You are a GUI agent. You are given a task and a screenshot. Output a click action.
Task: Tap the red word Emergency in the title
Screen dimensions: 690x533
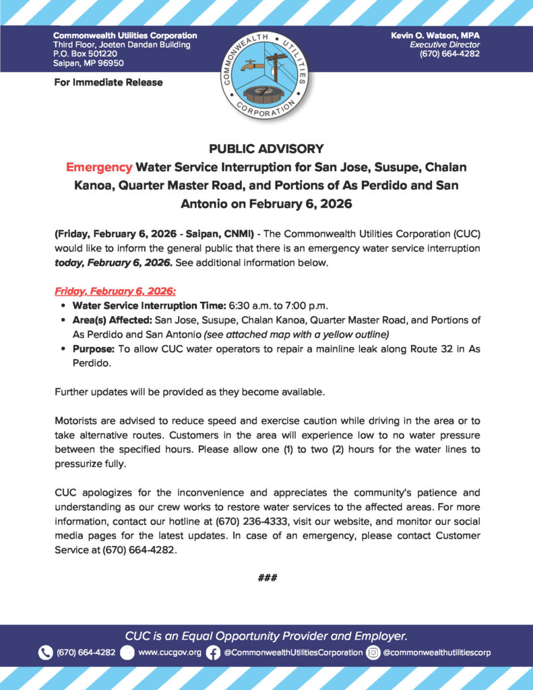point(96,166)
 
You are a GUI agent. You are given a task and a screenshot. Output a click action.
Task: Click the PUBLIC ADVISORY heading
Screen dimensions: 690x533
point(266,148)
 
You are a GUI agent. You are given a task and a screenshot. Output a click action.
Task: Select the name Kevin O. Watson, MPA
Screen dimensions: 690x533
point(435,35)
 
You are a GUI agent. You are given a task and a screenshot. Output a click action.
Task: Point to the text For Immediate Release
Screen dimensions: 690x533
point(108,82)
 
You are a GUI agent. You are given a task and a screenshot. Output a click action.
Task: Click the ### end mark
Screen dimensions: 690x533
point(267,577)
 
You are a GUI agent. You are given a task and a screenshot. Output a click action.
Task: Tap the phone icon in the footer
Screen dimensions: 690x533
point(45,652)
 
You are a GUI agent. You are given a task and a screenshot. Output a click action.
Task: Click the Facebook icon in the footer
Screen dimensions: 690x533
point(213,652)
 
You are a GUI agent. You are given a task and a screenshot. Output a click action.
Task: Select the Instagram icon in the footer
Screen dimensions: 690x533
point(373,652)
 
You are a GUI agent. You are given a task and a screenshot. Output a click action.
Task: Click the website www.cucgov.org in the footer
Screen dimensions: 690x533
point(169,652)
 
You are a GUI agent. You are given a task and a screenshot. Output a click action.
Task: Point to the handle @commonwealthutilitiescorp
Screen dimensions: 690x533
point(437,652)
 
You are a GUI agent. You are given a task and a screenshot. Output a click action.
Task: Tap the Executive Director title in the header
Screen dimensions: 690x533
point(443,44)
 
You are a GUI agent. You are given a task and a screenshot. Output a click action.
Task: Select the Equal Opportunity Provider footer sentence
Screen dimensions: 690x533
point(266,635)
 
